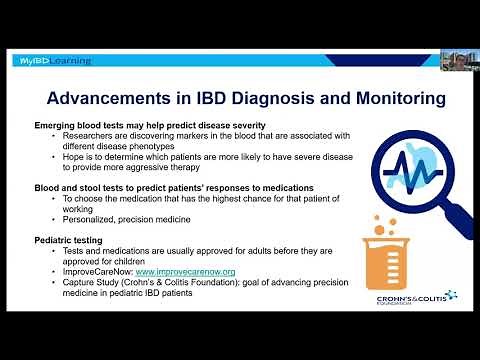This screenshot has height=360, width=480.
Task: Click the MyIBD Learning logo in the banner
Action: [x=55, y=61]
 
